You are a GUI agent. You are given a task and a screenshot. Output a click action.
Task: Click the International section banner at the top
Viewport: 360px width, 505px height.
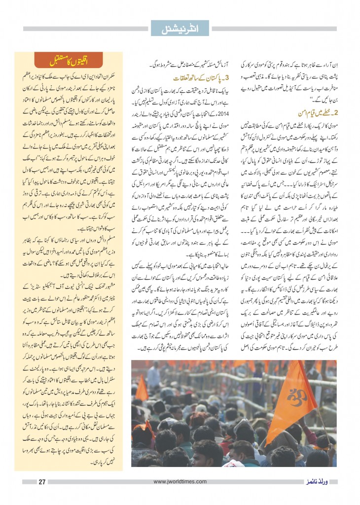180,28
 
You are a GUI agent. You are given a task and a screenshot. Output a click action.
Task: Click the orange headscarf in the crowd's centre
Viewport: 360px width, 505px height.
197,418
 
